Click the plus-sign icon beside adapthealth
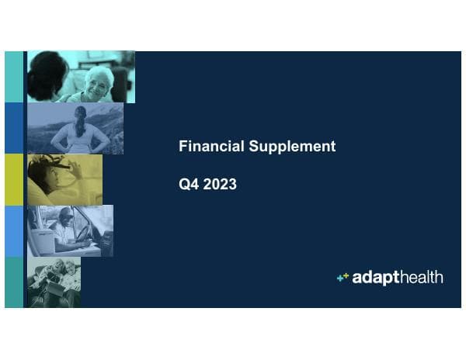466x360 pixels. coord(343,277)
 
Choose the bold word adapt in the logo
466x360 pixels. coord(375,278)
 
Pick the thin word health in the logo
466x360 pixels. coord(420,277)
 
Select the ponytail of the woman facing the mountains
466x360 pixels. coord(79,122)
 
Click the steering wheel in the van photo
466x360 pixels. coord(84,232)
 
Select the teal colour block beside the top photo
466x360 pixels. coord(14,77)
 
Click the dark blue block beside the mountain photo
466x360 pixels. coord(14,128)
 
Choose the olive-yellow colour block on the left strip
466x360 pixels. coord(14,179)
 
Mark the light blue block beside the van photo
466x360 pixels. coord(14,230)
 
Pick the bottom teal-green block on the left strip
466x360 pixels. coord(14,282)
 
